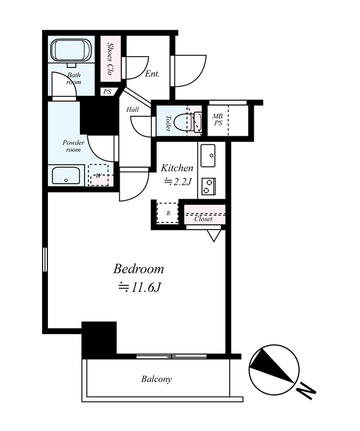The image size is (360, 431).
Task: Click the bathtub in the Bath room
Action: [72, 50]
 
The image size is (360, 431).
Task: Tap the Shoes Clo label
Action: [110, 59]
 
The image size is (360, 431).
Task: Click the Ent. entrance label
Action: [153, 74]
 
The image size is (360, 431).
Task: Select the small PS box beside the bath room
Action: [108, 92]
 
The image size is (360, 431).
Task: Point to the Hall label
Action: [133, 109]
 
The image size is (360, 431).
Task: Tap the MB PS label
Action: [218, 120]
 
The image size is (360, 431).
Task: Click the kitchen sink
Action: [208, 156]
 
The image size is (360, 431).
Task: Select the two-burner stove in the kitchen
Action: [209, 186]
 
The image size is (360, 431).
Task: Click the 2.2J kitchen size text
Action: [177, 182]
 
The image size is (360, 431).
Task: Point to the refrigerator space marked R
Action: [168, 213]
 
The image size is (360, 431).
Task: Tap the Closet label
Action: [203, 219]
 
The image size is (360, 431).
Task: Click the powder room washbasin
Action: [66, 176]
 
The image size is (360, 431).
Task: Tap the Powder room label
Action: [73, 146]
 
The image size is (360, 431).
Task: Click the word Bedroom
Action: [139, 269]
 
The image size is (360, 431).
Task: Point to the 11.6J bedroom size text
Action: [139, 288]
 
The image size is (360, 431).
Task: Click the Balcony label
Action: [156, 379]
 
